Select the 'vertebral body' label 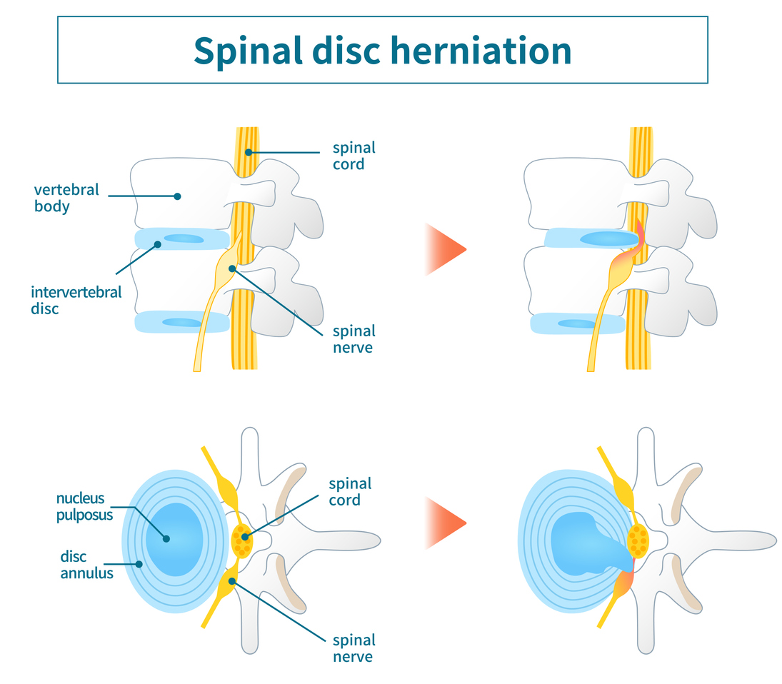[66, 198]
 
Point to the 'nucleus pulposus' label [84, 506]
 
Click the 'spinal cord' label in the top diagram [354, 156]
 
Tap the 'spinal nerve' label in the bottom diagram [354, 648]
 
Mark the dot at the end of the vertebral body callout [178, 196]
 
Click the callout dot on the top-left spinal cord [249, 152]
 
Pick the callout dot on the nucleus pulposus [166, 538]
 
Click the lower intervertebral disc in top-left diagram [182, 322]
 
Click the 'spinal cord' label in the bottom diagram [350, 491]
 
